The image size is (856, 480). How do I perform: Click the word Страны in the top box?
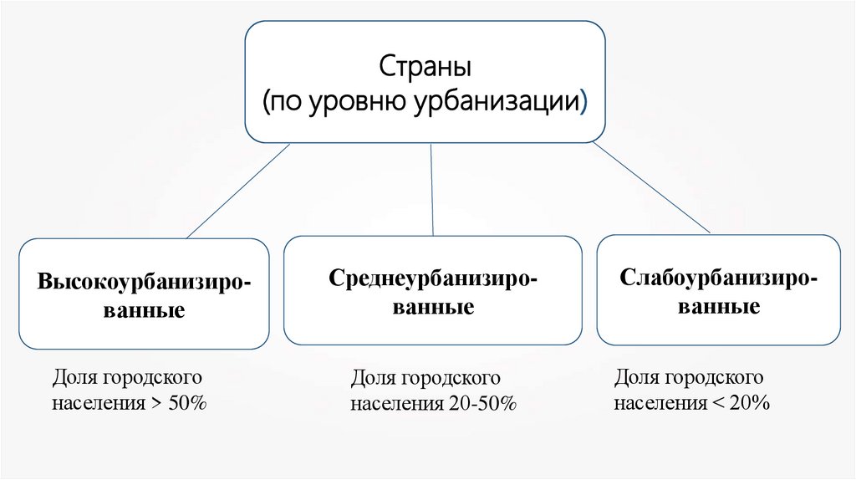point(425,66)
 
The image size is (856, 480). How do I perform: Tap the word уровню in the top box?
point(358,103)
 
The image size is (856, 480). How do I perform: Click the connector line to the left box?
point(238,191)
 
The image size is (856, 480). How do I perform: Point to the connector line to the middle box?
point(431,188)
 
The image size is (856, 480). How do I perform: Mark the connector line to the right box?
point(652,188)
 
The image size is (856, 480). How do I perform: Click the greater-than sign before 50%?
point(156,404)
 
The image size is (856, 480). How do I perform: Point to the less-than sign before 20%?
point(717,403)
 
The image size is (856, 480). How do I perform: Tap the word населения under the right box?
point(660,402)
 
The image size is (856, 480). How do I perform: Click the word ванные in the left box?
point(143,311)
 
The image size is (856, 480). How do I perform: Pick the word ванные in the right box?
point(719,307)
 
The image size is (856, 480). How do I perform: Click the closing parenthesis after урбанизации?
point(583,104)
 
